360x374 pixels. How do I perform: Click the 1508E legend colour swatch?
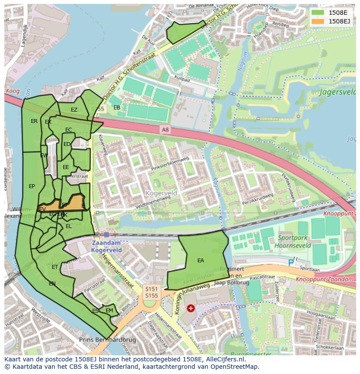coord(318,12)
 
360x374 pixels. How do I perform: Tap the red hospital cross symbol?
coord(190,308)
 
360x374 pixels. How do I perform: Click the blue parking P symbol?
coord(291,262)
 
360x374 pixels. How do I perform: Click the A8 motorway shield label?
coord(165,129)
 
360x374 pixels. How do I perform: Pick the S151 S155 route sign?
coord(151,291)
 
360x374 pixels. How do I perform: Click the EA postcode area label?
coord(200,261)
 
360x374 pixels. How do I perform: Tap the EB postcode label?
coord(117,107)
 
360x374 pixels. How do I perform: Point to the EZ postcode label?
coord(74,110)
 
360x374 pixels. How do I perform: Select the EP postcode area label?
coord(32,186)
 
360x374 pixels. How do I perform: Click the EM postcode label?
coord(109,310)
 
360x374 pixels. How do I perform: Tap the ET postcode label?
coord(55,267)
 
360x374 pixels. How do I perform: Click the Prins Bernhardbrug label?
coord(107,339)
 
